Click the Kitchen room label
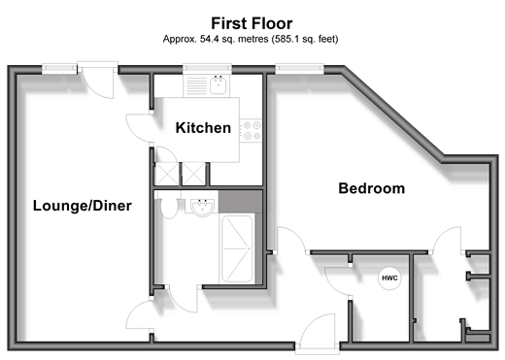tap(203, 128)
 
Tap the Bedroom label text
tap(372, 188)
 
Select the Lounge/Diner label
tap(83, 206)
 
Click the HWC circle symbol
tap(389, 278)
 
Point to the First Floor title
tap(252, 23)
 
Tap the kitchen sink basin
tap(219, 85)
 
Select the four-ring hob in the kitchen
tap(251, 130)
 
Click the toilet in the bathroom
tap(169, 205)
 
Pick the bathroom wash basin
tap(202, 207)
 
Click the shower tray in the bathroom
tap(237, 248)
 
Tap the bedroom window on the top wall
tap(299, 69)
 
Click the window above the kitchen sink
tap(207, 68)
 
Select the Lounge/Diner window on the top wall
tap(59, 69)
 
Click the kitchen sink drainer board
tap(197, 85)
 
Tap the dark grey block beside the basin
tap(240, 202)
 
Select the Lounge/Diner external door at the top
tap(98, 81)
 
